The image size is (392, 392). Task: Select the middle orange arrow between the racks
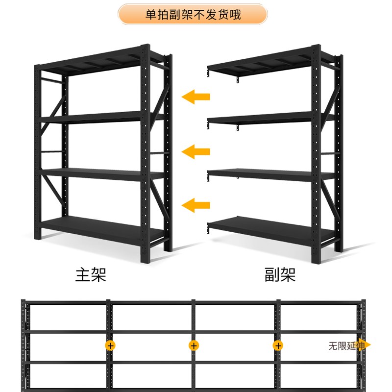pyautogui.click(x=196, y=152)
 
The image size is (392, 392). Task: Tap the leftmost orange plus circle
pyautogui.click(x=111, y=345)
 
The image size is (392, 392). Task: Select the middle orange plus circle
pyautogui.click(x=194, y=345)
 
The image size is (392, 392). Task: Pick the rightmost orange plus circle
pyautogui.click(x=277, y=345)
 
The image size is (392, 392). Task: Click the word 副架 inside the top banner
pyautogui.click(x=179, y=15)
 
